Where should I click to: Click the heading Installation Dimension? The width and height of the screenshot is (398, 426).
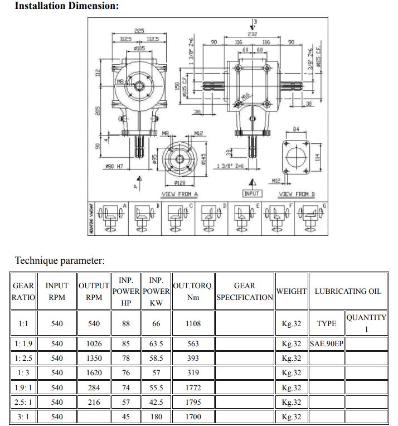(66, 6)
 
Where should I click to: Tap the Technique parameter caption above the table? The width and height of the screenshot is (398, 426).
(60, 260)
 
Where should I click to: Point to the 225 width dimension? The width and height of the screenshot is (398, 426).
(139, 31)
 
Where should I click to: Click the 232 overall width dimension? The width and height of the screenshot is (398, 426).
(252, 34)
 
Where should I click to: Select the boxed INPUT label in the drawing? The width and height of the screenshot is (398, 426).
(252, 193)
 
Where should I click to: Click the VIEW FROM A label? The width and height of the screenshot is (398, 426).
(179, 194)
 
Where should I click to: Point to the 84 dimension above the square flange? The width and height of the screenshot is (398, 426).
(296, 129)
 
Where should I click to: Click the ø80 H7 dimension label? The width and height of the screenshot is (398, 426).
(114, 166)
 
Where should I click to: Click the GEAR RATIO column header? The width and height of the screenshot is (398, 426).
(23, 291)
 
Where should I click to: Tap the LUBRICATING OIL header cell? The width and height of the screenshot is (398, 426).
(348, 291)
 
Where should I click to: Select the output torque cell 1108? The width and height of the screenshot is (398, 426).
(193, 323)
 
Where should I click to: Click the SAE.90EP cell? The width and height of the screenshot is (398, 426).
(327, 344)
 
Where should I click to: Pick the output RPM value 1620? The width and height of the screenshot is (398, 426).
(94, 373)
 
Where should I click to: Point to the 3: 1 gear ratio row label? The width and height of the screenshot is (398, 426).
(23, 417)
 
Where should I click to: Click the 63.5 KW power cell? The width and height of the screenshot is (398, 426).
(156, 344)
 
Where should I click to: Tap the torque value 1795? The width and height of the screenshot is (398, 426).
(193, 402)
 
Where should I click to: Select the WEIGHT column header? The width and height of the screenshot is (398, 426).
(292, 291)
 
